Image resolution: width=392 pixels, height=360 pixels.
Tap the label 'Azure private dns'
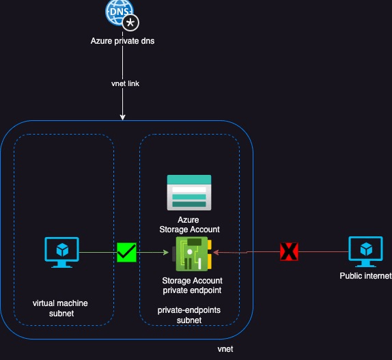pos(122,41)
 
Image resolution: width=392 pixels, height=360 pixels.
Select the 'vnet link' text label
pos(122,83)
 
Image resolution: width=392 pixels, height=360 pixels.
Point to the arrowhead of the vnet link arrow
pos(122,117)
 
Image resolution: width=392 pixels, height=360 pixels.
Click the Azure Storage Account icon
pos(189,193)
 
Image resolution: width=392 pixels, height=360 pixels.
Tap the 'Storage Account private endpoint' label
pos(192,285)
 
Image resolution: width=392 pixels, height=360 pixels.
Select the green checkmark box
pos(127,252)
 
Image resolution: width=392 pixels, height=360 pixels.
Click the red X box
pos(290,252)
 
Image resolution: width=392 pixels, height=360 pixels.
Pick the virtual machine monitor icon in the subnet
pos(61,253)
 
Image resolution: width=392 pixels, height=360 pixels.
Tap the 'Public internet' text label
pos(366,276)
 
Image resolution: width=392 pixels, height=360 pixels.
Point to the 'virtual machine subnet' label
pos(61,308)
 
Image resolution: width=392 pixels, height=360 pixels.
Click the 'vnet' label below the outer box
pos(226,348)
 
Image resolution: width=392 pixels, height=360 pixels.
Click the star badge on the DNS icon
pos(130,23)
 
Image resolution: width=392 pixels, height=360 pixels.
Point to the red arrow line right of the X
pos(321,252)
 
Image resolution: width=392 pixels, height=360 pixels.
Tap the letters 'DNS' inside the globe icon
pos(117,10)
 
